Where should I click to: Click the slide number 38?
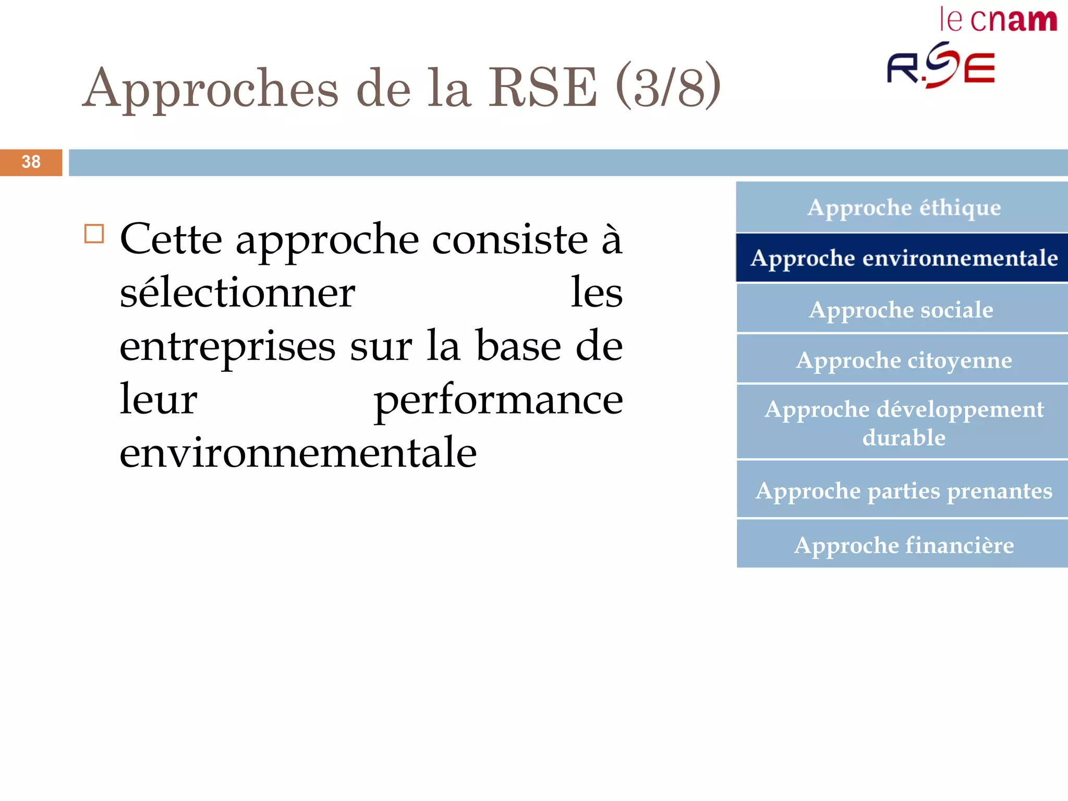pyautogui.click(x=31, y=162)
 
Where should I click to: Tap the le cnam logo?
pyautogui.click(x=998, y=21)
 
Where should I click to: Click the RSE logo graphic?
pyautogui.click(x=941, y=66)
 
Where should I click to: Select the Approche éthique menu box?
pyautogui.click(x=903, y=208)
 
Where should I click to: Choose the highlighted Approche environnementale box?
pyautogui.click(x=903, y=258)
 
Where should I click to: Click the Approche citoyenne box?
pyautogui.click(x=903, y=360)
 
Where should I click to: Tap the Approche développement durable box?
pyautogui.click(x=903, y=423)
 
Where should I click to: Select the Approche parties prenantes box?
pyautogui.click(x=903, y=491)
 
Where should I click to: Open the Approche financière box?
pyautogui.click(x=903, y=545)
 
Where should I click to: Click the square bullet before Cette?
pyautogui.click(x=94, y=234)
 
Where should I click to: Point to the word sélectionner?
pyautogui.click(x=237, y=294)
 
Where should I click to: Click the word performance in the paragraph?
pyautogui.click(x=498, y=400)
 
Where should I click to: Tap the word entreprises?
pyautogui.click(x=227, y=347)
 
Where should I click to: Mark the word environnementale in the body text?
pyautogui.click(x=298, y=453)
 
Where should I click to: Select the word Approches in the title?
pyautogui.click(x=211, y=89)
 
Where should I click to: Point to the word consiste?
pyautogui.click(x=509, y=240)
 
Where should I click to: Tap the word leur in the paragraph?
pyautogui.click(x=158, y=399)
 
